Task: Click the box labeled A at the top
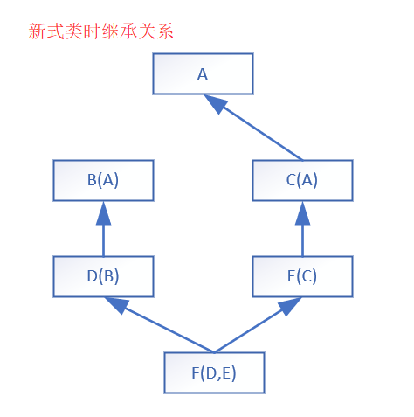203,73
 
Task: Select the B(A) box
103,180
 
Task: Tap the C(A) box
302,180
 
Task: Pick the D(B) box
103,276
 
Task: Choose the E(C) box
302,276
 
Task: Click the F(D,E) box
214,372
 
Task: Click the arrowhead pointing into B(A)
103,213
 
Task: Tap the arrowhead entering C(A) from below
302,213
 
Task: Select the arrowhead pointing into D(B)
116,305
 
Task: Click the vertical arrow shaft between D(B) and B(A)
103,240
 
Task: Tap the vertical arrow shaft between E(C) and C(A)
302,240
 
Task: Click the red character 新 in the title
37,31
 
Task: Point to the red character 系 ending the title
165,31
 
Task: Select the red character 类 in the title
73,31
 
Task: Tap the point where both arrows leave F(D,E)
214,352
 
